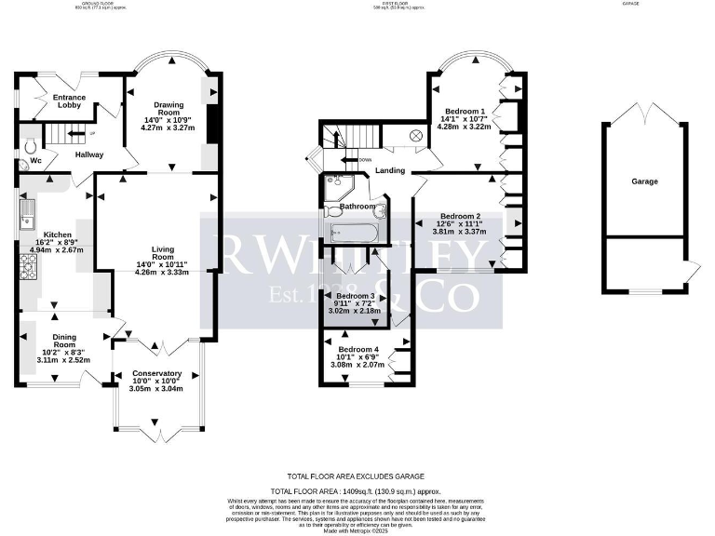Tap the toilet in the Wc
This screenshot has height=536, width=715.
pos(30,147)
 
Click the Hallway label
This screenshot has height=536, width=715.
pos(89,154)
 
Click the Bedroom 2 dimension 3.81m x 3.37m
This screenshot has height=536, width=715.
pos(462,232)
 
